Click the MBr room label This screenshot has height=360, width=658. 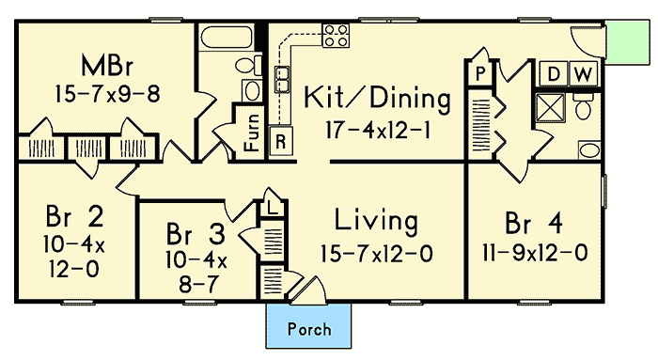point(106,68)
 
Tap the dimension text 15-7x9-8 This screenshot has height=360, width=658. point(106,94)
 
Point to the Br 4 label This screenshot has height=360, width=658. point(535,223)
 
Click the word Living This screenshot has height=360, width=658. point(376,222)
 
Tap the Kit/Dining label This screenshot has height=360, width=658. point(376,98)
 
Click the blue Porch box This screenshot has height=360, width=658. point(311,328)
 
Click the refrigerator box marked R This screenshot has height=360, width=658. point(280,142)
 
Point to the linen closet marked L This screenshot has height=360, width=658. point(271,206)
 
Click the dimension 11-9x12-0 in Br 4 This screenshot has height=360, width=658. point(535,253)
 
